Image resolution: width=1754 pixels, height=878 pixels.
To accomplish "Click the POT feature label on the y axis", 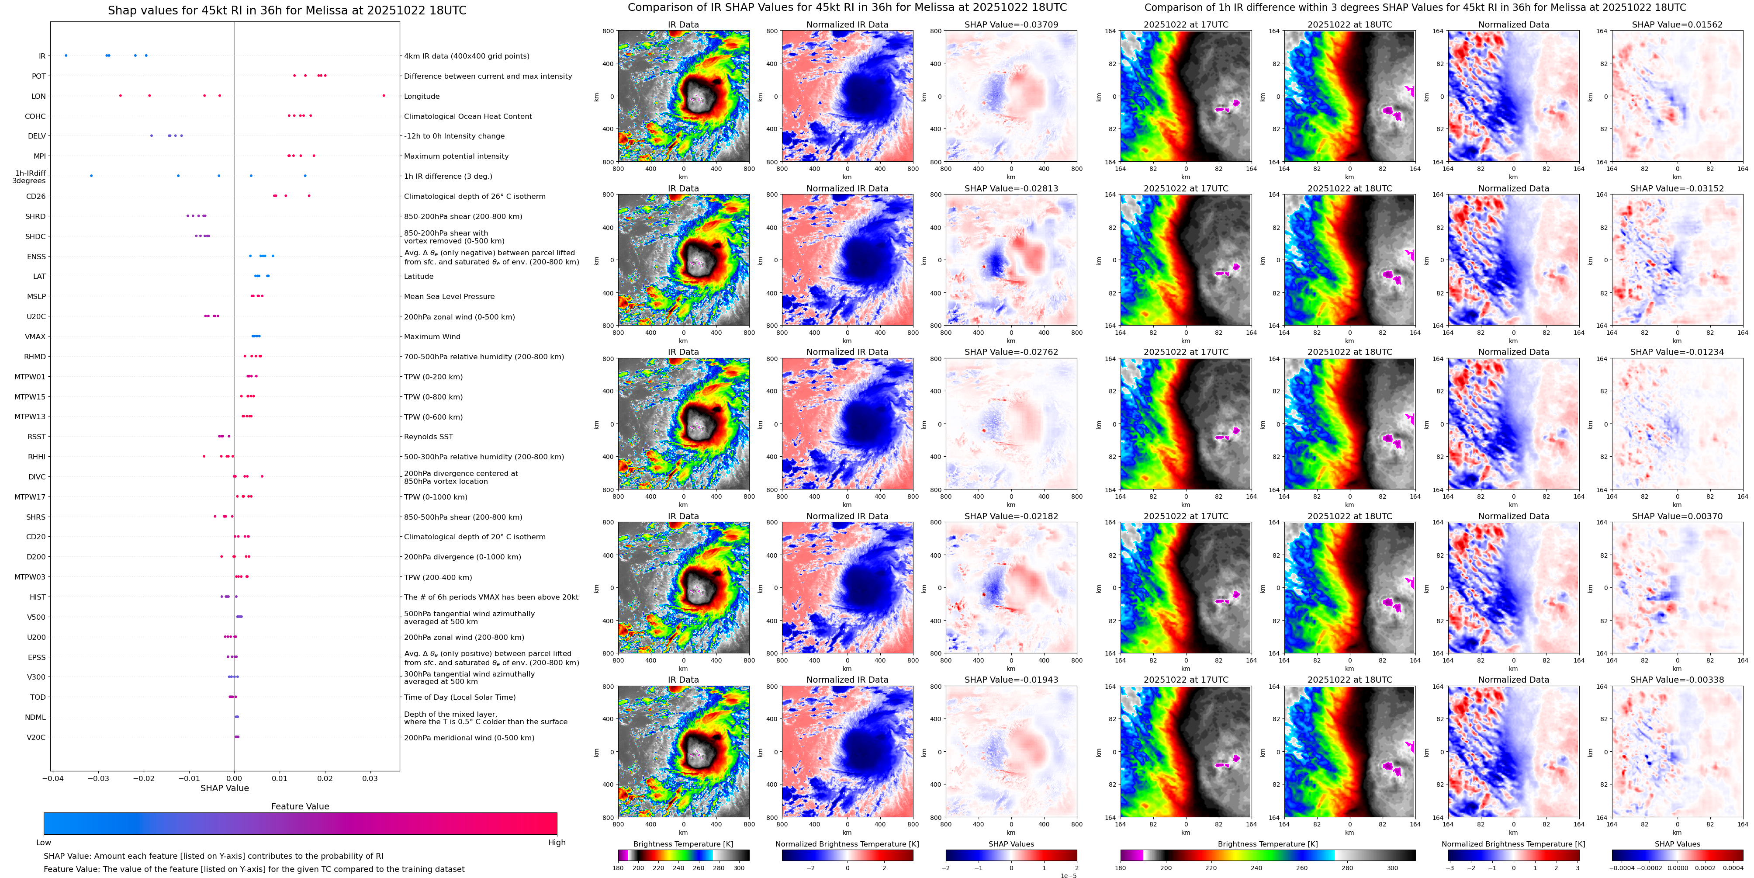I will [39, 76].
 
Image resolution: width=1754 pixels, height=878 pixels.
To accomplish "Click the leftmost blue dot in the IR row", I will [66, 55].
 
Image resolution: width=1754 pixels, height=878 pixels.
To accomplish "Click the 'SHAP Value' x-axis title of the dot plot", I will [225, 788].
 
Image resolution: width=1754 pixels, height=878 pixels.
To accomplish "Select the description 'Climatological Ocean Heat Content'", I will [468, 117].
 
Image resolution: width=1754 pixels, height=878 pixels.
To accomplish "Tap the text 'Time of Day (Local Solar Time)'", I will [460, 698].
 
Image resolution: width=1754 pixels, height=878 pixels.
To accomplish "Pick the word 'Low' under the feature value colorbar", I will [44, 843].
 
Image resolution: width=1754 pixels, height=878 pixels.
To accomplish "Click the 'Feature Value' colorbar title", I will [300, 806].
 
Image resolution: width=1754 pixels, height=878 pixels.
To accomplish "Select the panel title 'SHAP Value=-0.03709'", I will [1011, 24].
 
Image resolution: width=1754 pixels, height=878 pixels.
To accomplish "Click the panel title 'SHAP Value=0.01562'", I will [1677, 24].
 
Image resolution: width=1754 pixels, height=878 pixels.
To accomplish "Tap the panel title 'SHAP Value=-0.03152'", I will [1677, 189].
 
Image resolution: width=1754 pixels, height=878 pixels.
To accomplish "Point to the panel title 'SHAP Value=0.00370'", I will [1677, 516].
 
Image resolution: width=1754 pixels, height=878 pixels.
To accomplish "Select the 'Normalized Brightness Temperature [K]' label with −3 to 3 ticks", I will [1513, 844].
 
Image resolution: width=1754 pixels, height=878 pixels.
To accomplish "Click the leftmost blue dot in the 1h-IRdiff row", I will [91, 176].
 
